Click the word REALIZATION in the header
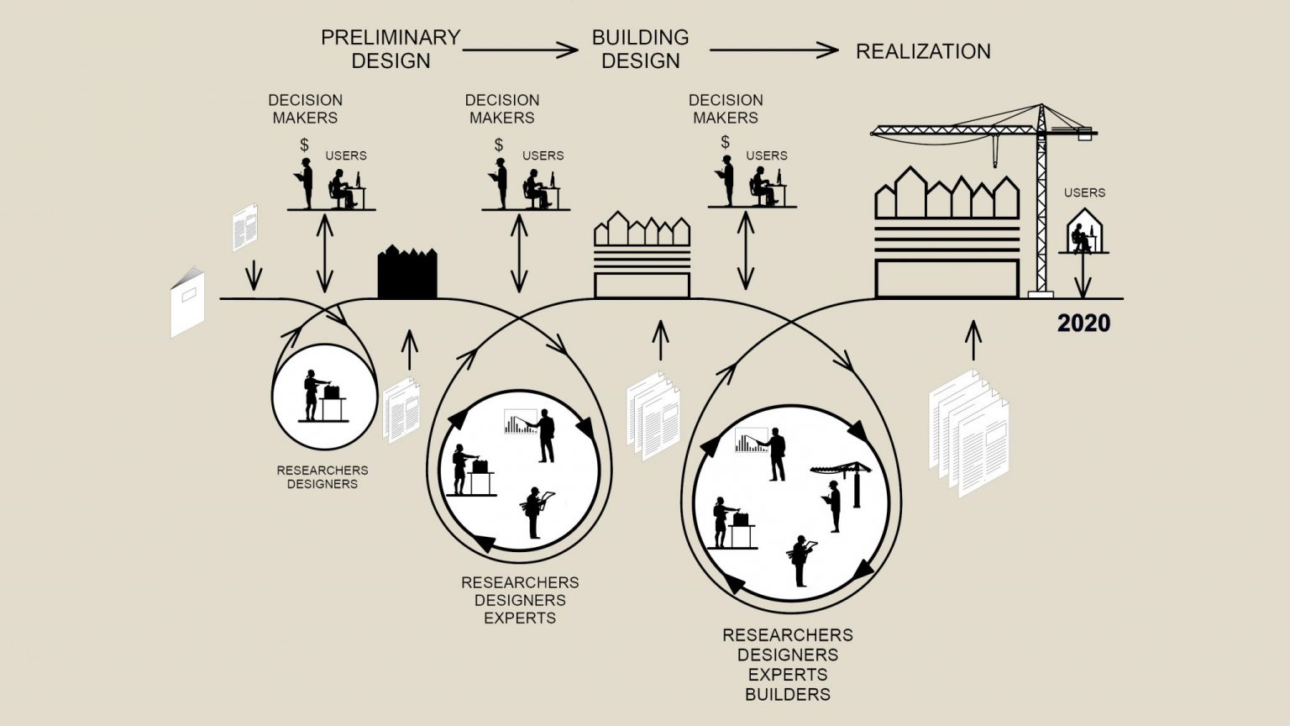pos(923,51)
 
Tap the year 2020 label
pos(1083,324)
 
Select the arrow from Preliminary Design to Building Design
pos(520,50)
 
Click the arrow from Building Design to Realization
pos(773,50)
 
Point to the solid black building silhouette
pos(407,273)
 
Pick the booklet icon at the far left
pos(187,302)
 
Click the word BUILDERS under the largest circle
pos(788,695)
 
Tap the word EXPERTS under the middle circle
pos(520,618)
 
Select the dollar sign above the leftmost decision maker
pos(304,145)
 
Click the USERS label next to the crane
pos(1084,192)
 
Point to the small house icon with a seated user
pos(1084,233)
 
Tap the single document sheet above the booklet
pos(244,227)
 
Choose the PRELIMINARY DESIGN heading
pos(391,49)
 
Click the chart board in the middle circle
pos(519,422)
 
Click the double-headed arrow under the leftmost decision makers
pos(325,253)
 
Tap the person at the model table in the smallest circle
pos(312,394)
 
